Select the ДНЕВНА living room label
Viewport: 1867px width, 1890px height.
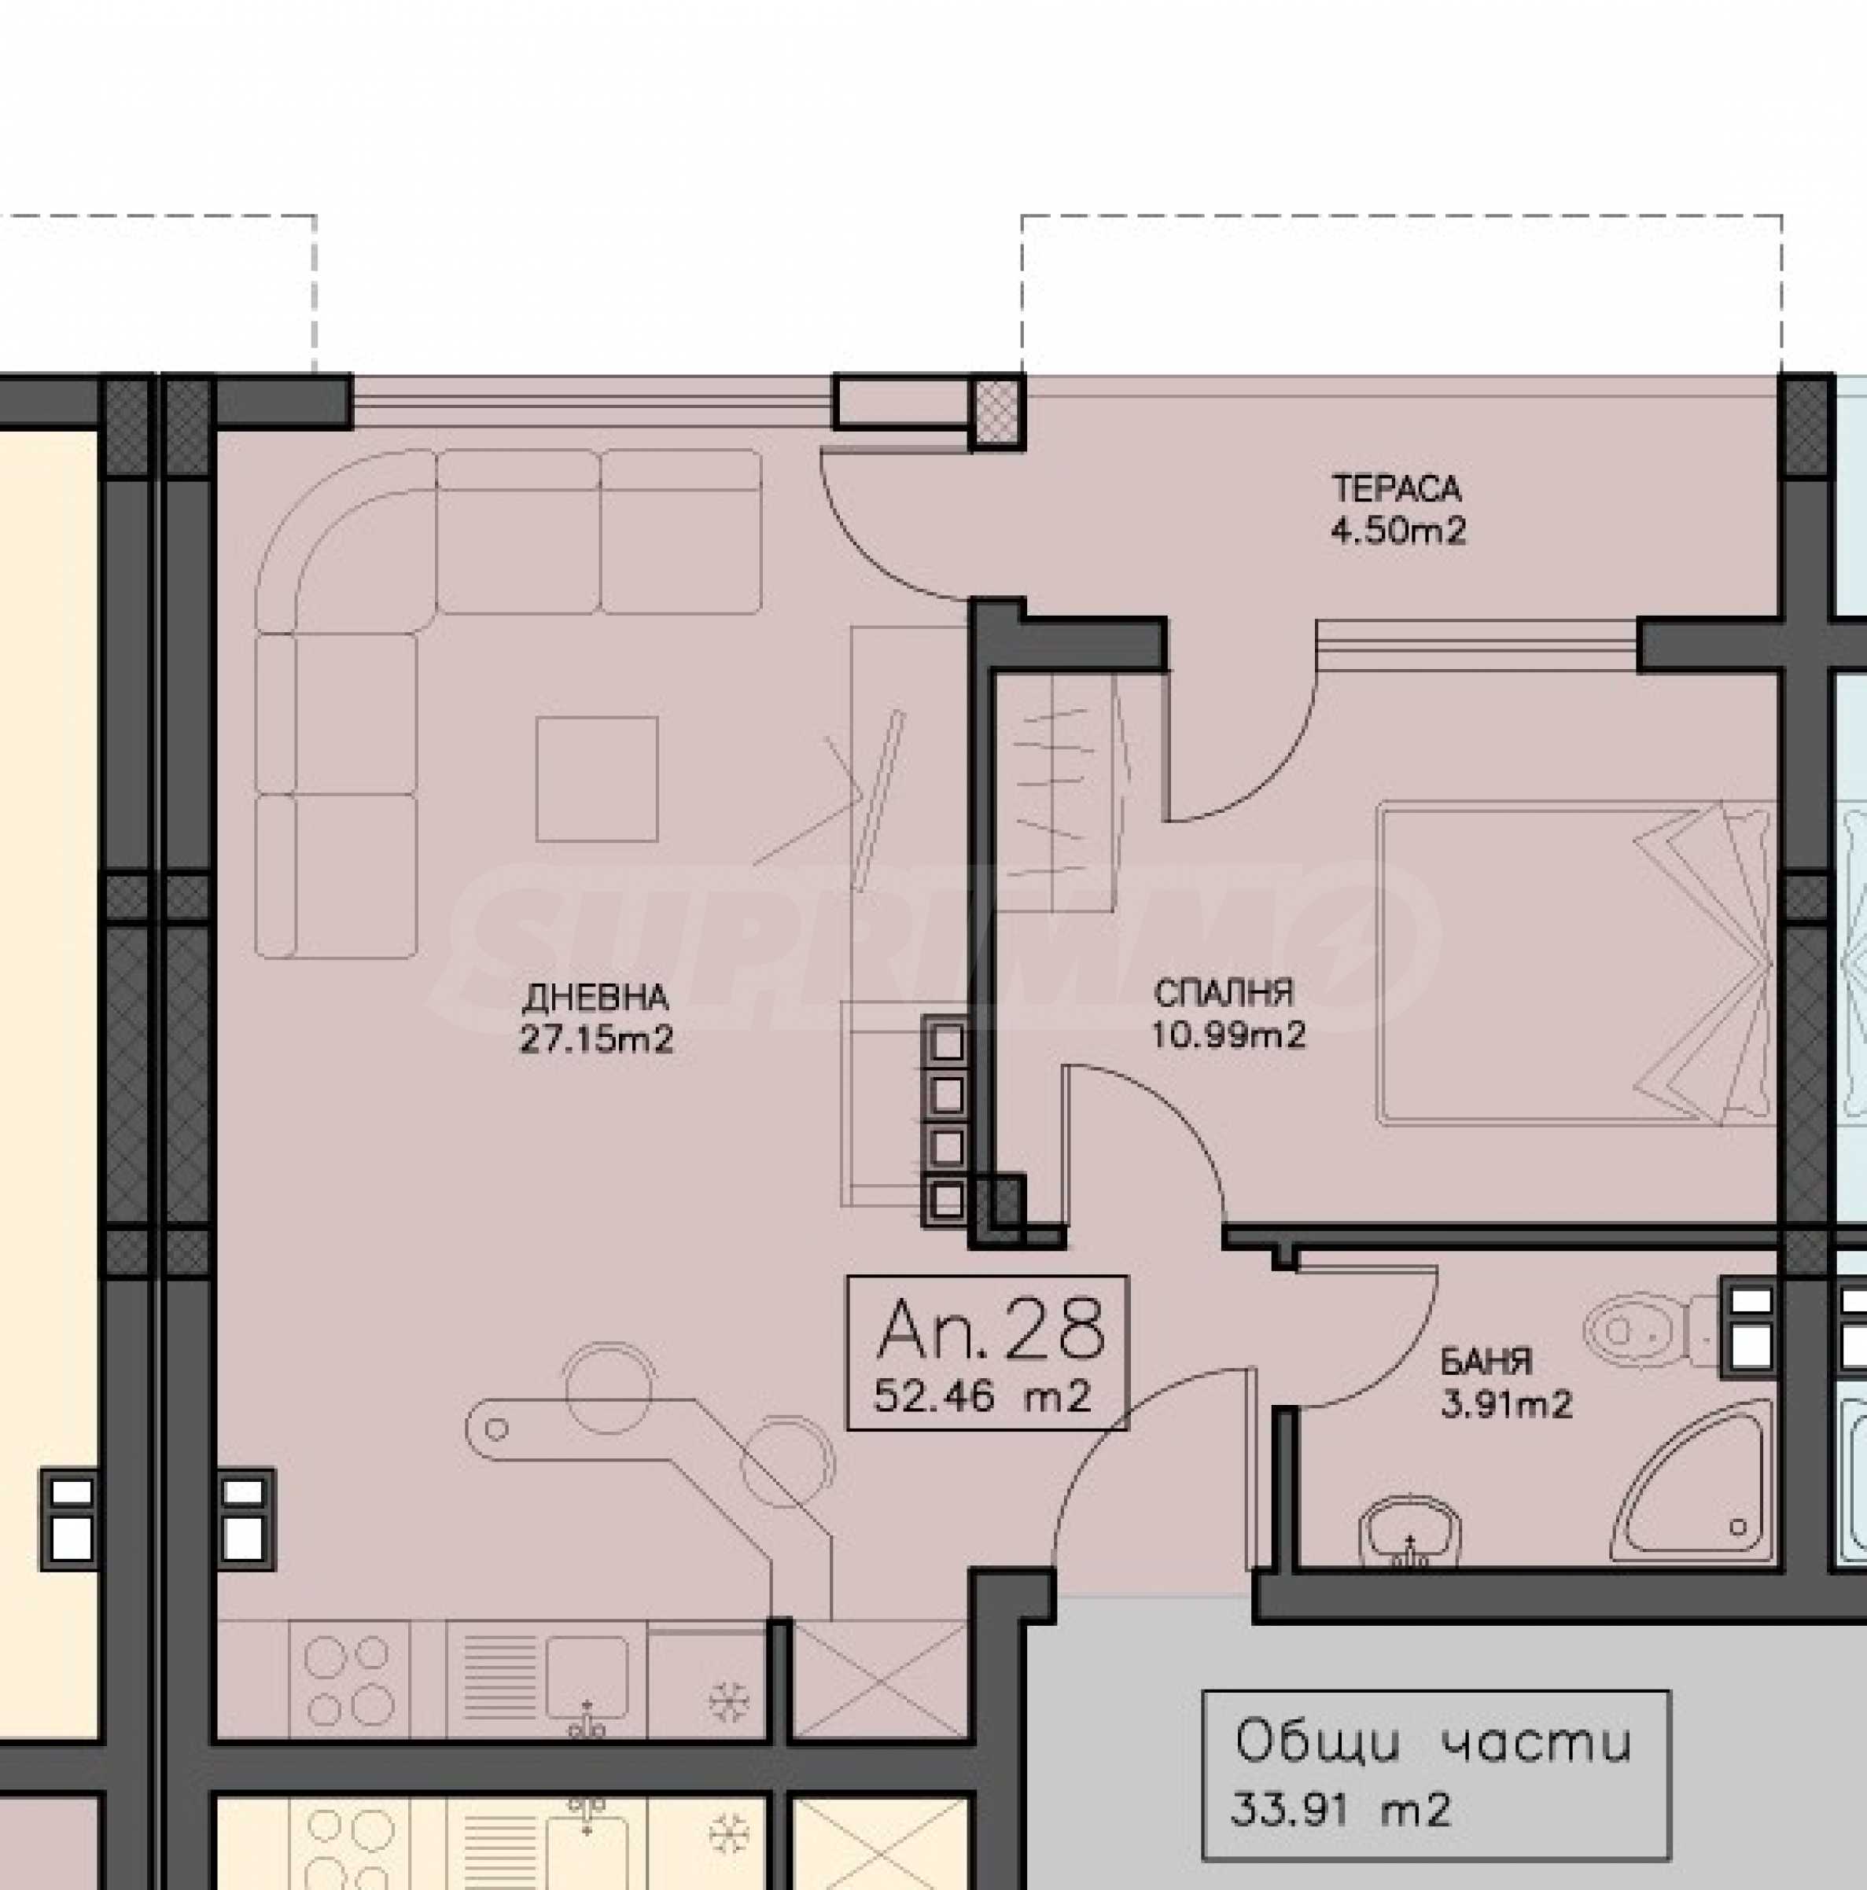coord(596,998)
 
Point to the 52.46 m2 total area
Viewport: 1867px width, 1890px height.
coord(981,1397)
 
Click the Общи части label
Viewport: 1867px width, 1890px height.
coord(1434,1743)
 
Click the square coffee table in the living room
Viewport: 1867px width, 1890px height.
coord(596,778)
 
